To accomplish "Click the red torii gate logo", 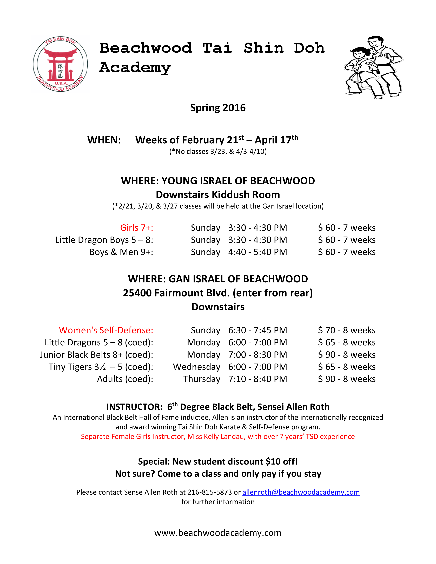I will tap(60, 64).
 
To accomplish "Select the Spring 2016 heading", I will tap(218, 108).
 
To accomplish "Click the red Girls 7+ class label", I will tap(137, 228).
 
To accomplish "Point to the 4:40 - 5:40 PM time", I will tap(257, 252).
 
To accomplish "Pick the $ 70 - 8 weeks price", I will tap(347, 330).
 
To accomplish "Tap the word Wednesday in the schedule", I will tap(197, 367).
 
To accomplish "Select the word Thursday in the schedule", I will tap(202, 379).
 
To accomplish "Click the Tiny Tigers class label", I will tap(101, 367).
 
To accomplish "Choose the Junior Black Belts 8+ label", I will tap(96, 355).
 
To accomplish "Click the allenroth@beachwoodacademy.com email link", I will tap(301, 492).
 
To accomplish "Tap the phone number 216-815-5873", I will tap(210, 492).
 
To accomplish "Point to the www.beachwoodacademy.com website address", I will tap(218, 533).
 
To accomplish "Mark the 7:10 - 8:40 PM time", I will tap(257, 379).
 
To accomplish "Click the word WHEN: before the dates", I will tap(104, 140).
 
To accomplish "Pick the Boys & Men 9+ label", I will tap(121, 252).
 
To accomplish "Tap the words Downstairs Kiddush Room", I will tap(218, 195).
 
